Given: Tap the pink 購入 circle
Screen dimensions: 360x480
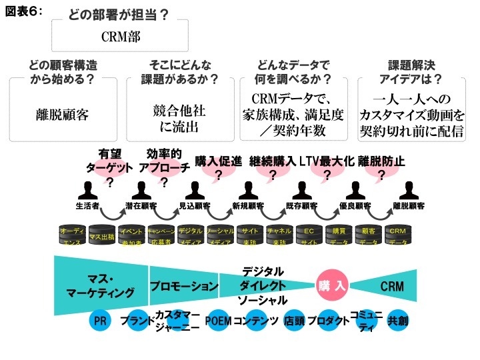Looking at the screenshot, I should click(x=331, y=286).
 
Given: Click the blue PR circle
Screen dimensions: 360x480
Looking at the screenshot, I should click(x=101, y=321).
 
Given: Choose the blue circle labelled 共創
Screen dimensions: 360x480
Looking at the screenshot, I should click(x=398, y=321).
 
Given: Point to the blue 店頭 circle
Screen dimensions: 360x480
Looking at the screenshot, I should click(x=294, y=321).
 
